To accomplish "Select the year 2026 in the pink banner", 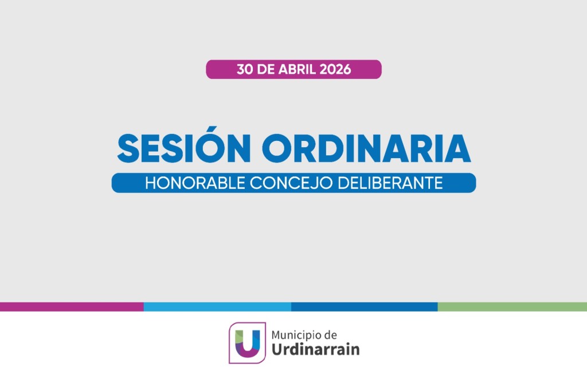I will click(336, 70).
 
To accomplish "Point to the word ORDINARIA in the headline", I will click(365, 149).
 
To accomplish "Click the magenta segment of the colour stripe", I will click(72, 307).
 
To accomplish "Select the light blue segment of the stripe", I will click(217, 307).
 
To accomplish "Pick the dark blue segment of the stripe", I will click(364, 307).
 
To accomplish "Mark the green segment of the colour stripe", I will click(512, 307).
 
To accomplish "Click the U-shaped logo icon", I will click(248, 342).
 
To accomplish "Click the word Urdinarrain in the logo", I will click(315, 349).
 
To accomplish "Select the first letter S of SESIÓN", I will click(129, 149).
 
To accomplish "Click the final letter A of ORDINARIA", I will click(458, 149).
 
